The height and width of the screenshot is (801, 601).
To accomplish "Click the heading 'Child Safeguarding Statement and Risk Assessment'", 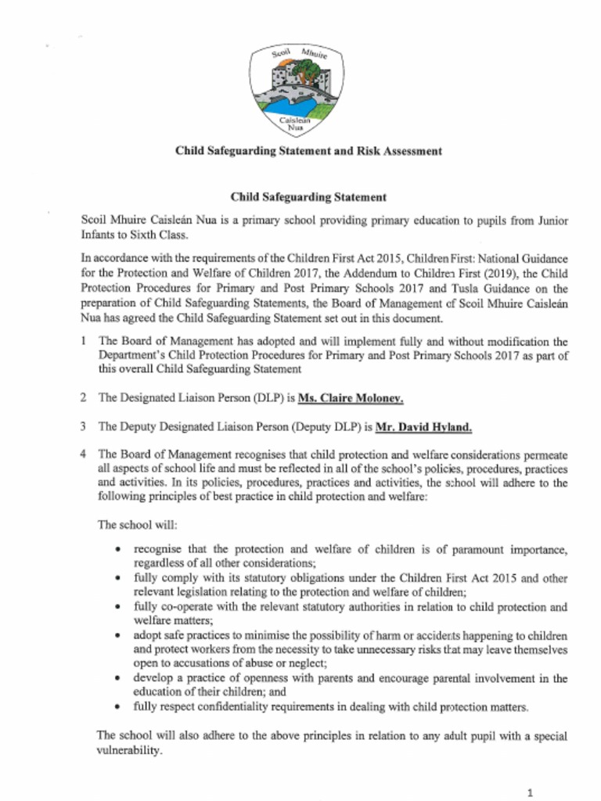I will pos(308,151).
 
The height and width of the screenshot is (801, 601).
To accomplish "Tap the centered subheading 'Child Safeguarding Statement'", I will pos(308,198).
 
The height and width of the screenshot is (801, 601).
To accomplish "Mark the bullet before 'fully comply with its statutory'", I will pos(117,578).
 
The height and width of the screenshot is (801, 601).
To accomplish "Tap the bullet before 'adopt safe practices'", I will pos(117,636).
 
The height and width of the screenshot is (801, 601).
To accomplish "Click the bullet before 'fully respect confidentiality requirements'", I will pos(117,707).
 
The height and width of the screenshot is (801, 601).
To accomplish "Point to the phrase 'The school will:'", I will pos(131,525).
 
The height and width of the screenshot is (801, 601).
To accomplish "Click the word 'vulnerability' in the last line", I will pos(128,750).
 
